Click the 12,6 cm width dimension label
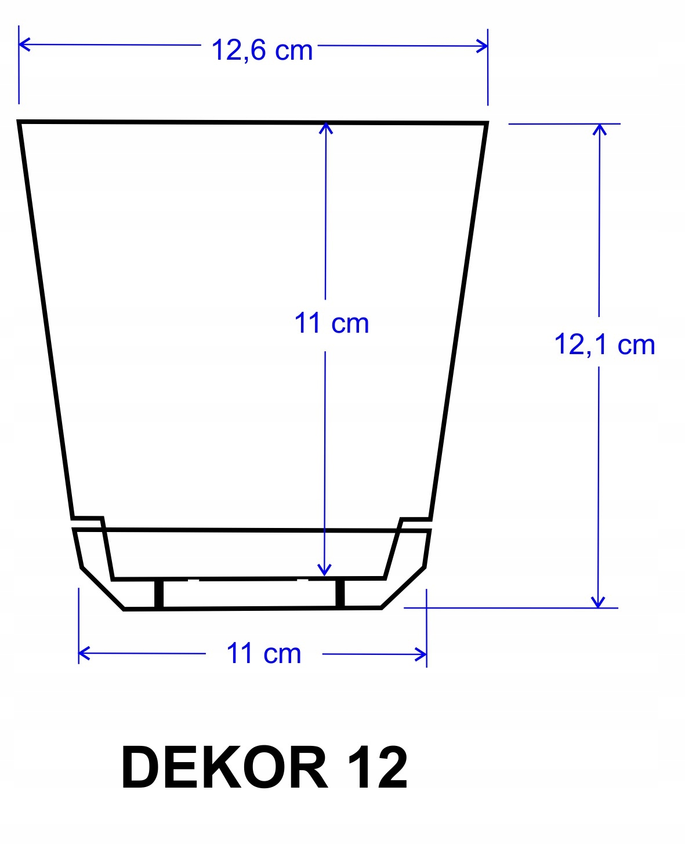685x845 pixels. point(262,50)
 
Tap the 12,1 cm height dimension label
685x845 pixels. point(604,344)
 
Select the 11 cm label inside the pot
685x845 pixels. point(331,323)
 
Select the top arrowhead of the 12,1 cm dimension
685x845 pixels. point(599,129)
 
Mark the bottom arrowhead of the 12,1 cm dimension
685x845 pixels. point(598,602)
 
